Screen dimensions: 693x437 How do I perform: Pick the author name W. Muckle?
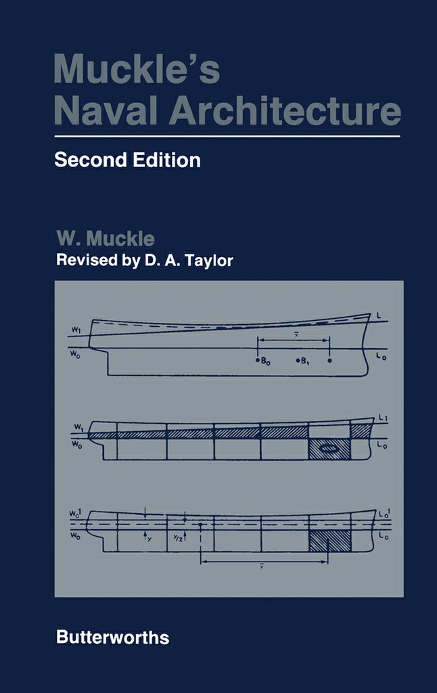click(106, 240)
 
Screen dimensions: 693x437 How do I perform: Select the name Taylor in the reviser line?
click(210, 261)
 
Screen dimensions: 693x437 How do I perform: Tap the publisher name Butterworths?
click(112, 637)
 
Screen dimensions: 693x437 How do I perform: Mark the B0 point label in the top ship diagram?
click(264, 360)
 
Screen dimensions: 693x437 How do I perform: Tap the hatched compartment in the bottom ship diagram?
click(330, 540)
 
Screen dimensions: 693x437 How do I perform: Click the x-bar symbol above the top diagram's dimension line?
click(294, 334)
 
